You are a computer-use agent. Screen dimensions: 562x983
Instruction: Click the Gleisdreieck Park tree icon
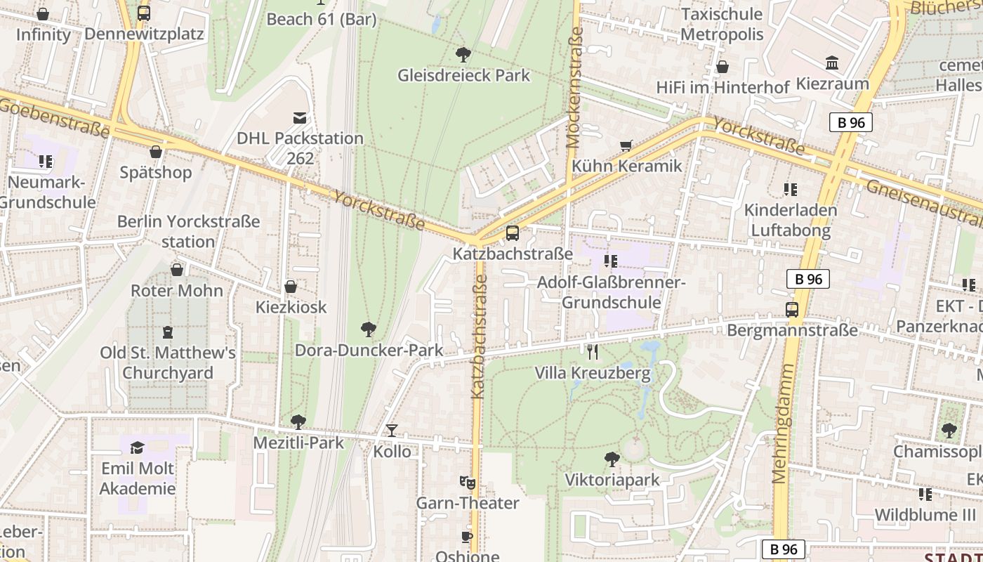point(463,54)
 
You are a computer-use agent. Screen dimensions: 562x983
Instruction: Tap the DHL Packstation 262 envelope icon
point(300,118)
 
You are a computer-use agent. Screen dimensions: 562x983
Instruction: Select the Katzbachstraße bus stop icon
point(513,233)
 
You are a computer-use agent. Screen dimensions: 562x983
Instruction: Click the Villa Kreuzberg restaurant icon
point(593,352)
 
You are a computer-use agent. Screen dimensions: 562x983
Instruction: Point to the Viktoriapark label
point(612,480)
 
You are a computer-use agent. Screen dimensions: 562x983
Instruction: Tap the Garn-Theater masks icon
point(467,483)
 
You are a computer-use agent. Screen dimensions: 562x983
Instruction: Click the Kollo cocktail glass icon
point(392,431)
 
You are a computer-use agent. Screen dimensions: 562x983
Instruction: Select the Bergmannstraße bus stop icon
point(792,310)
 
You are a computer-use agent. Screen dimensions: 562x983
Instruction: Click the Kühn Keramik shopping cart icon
point(626,146)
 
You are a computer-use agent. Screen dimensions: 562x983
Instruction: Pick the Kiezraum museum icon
point(832,63)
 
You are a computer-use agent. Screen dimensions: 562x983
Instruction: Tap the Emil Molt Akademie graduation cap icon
point(137,447)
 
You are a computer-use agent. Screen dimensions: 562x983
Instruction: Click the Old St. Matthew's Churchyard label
point(167,362)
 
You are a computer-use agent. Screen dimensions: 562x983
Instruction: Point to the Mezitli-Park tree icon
point(298,422)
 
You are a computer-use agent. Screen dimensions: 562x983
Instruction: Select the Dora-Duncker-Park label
point(369,350)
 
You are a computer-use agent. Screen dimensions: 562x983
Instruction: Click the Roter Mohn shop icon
point(177,270)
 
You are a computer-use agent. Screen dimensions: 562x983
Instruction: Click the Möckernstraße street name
point(574,87)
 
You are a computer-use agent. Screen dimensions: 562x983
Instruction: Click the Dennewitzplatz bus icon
point(144,13)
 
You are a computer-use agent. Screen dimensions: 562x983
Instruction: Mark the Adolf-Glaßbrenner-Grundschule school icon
point(610,261)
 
